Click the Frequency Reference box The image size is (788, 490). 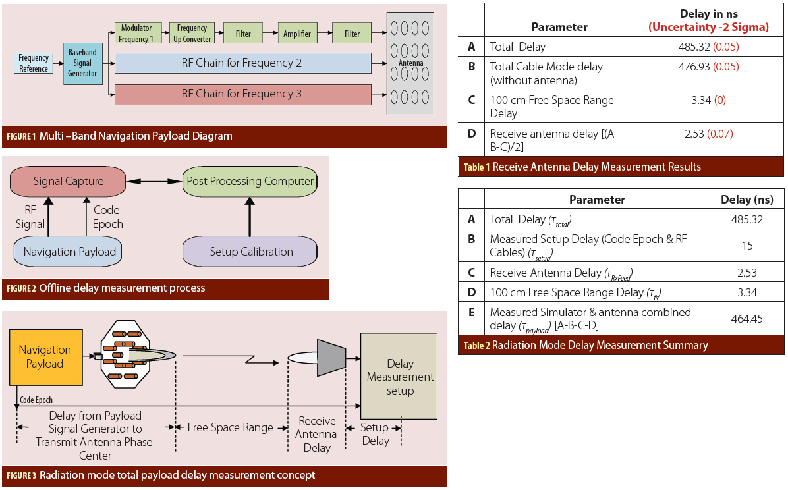coord(34,63)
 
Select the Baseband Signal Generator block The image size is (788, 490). coord(82,63)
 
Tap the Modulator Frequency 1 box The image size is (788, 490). coord(136,34)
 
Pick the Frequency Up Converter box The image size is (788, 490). coord(192,34)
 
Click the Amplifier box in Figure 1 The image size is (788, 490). coord(296,34)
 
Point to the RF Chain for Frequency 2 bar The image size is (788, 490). coord(242,63)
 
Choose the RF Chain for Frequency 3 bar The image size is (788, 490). coord(242,94)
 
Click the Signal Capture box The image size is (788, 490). coord(69,181)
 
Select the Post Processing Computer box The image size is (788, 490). coord(250,181)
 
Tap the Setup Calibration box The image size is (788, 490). coord(250,252)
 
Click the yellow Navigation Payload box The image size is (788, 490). coord(45,357)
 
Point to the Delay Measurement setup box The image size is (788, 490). coord(400,377)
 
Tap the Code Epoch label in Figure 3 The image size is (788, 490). coord(36,400)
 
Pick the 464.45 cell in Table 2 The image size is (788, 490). coord(746,319)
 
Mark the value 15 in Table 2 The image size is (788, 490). coord(746,246)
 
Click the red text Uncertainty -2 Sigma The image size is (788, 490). coord(708,27)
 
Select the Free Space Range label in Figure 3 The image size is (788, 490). coord(230,427)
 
